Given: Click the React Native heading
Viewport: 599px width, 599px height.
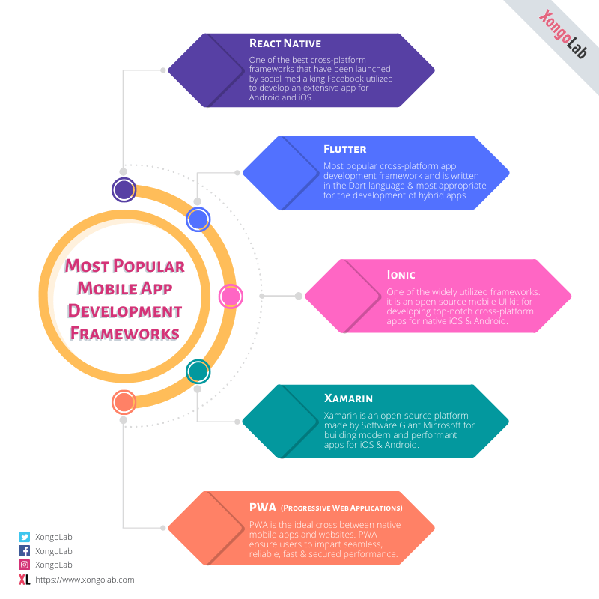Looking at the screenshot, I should (x=285, y=43).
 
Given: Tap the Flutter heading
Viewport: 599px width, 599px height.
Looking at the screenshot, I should (x=344, y=149).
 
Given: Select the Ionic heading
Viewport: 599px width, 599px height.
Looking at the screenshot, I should (x=401, y=275).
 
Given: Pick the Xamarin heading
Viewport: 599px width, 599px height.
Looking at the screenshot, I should (x=348, y=398).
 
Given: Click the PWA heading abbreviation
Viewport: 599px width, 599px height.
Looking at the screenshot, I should (x=262, y=508).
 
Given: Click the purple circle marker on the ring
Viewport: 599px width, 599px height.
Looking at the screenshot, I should (x=124, y=190).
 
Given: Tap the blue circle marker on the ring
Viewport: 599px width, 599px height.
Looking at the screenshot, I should (x=198, y=219).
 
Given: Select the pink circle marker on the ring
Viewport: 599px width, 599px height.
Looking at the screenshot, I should (x=230, y=297).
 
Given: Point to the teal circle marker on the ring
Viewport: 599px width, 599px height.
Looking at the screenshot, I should (x=198, y=371).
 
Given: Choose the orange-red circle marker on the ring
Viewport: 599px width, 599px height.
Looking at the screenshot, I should (x=124, y=403).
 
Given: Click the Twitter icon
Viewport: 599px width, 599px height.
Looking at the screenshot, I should (x=25, y=537).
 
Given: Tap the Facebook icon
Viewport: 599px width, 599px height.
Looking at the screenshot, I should (x=25, y=551).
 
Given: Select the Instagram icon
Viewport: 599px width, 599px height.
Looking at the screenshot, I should (x=25, y=565).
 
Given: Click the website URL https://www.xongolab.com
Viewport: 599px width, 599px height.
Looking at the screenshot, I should (x=85, y=580).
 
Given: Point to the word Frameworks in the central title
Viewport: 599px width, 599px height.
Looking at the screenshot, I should (x=124, y=332).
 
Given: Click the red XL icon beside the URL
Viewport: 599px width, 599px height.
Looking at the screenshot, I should (x=25, y=580).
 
